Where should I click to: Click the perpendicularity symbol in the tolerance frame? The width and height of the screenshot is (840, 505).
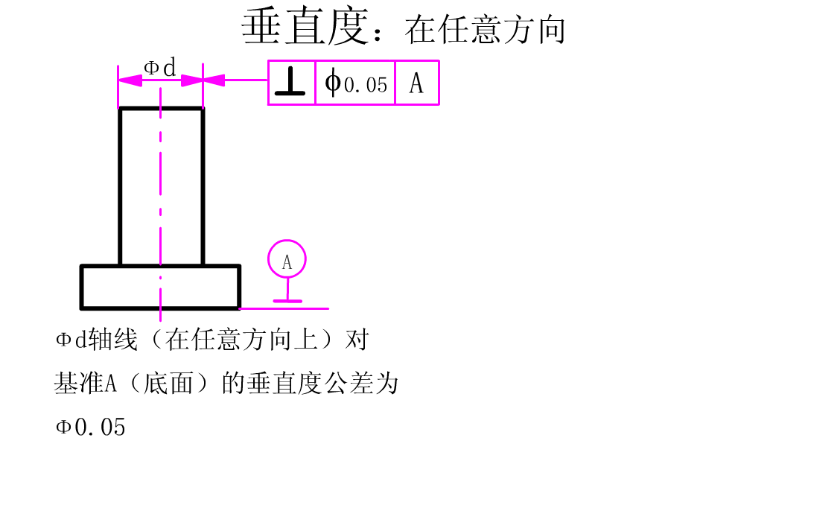tap(290, 83)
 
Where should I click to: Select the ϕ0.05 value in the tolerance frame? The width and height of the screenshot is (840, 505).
tap(356, 83)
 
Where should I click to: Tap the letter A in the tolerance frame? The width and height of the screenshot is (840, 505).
tap(416, 83)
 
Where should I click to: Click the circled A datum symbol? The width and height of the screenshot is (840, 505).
tap(287, 260)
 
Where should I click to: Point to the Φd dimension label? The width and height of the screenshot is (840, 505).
tap(160, 69)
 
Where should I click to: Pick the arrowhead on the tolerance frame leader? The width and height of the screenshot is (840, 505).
tap(214, 80)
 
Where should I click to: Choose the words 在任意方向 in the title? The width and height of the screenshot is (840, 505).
tap(486, 31)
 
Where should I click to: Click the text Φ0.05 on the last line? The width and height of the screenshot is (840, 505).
tap(90, 428)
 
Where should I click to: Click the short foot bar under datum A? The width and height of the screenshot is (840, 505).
tap(287, 301)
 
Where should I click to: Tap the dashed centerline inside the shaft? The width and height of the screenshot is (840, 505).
tap(160, 186)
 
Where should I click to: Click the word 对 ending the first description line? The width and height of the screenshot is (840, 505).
tap(357, 341)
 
